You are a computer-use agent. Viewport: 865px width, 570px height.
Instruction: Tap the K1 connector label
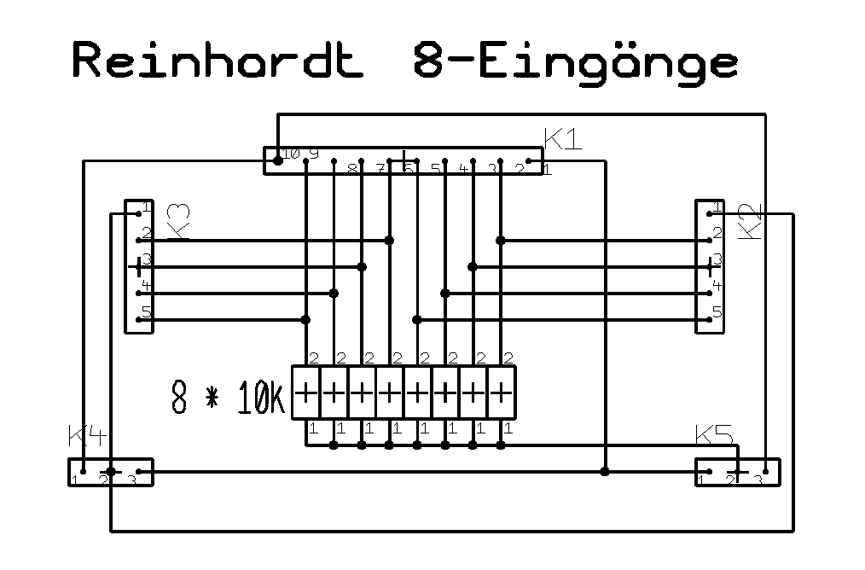[562, 139]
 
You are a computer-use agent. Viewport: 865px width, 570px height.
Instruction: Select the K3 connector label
[178, 221]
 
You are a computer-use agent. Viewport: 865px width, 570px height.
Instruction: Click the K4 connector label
[87, 437]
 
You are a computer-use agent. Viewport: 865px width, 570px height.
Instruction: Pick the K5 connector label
[714, 435]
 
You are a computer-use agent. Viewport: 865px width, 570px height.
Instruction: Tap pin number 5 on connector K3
[147, 312]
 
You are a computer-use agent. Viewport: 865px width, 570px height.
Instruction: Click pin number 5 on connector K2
[717, 312]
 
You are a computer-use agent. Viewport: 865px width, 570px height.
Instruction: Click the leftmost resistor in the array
[305, 393]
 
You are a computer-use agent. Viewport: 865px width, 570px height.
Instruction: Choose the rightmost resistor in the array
[503, 393]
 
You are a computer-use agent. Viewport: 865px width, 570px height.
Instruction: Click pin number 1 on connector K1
[547, 169]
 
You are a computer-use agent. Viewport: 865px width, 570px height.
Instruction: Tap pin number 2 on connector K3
[147, 233]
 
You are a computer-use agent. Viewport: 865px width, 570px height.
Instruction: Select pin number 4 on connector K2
[717, 286]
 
